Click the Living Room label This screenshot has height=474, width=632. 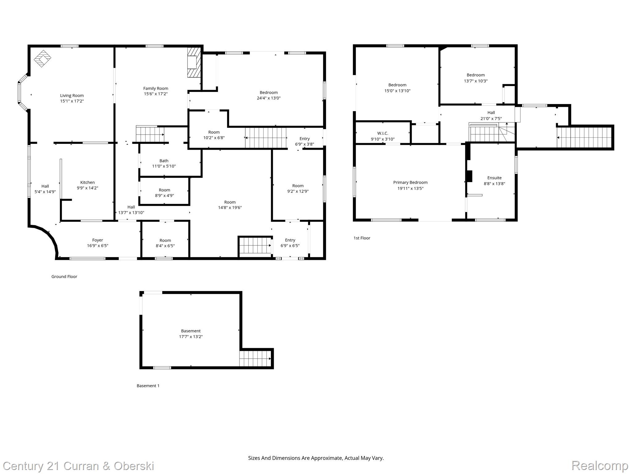[72, 96]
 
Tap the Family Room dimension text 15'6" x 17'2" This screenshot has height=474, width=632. [156, 94]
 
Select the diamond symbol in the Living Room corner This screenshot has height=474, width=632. [42, 58]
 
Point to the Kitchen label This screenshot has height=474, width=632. [87, 182]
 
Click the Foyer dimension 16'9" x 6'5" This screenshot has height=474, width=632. [98, 246]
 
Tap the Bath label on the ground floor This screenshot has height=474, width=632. [164, 161]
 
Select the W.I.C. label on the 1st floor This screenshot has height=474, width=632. [382, 133]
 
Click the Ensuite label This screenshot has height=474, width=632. [494, 178]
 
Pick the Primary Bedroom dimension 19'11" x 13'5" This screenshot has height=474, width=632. [410, 188]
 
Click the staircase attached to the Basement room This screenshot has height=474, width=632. [255, 359]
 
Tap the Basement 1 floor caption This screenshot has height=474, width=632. [148, 386]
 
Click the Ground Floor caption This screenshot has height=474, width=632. [64, 276]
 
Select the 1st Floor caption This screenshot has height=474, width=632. [362, 238]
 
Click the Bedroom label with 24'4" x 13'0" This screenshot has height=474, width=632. [268, 93]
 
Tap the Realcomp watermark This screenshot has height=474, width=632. [600, 466]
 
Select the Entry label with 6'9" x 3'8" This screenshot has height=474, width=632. [304, 139]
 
